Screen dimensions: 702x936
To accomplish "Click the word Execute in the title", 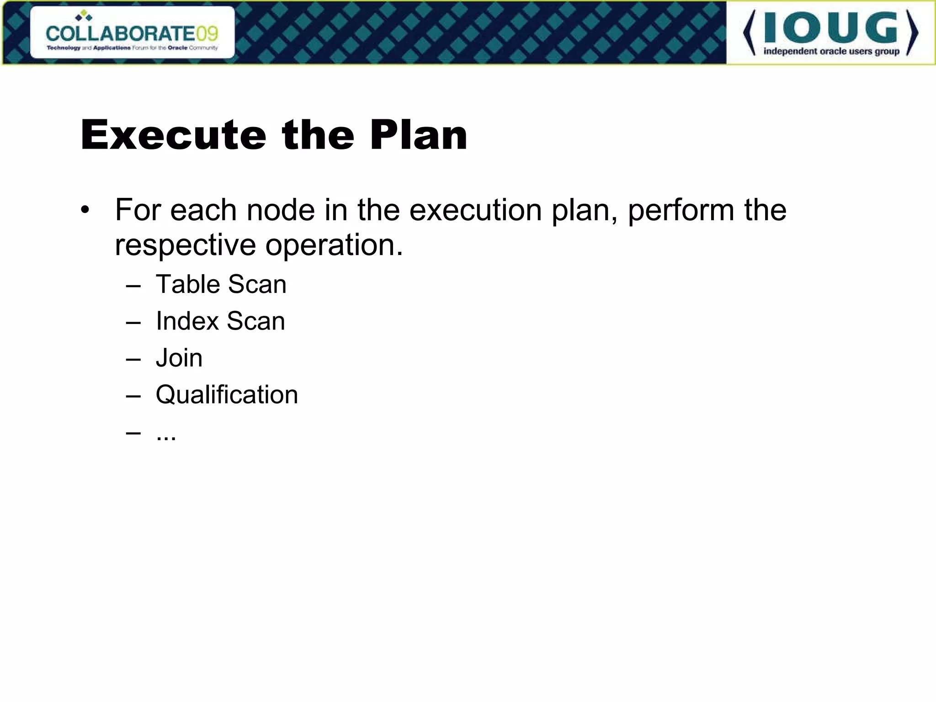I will pyautogui.click(x=173, y=135).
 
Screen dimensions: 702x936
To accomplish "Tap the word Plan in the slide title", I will pyautogui.click(x=419, y=135).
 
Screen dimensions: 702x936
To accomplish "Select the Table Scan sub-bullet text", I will pyautogui.click(x=221, y=284).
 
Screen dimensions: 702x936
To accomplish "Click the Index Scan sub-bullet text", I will pyautogui.click(x=220, y=321).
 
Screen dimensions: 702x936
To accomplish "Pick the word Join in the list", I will pyautogui.click(x=179, y=358).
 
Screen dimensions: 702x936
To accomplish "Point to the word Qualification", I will pyautogui.click(x=227, y=394).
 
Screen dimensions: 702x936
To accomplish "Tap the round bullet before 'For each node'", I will pyautogui.click(x=85, y=211).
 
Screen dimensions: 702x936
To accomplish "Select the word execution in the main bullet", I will pyautogui.click(x=475, y=210).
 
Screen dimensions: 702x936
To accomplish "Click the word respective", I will pyautogui.click(x=185, y=246).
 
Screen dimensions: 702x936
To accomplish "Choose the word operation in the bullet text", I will pyautogui.click(x=334, y=246).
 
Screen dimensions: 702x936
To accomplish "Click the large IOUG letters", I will pyautogui.click(x=830, y=28).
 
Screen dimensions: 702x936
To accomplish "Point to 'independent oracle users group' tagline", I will pyautogui.click(x=831, y=51).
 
